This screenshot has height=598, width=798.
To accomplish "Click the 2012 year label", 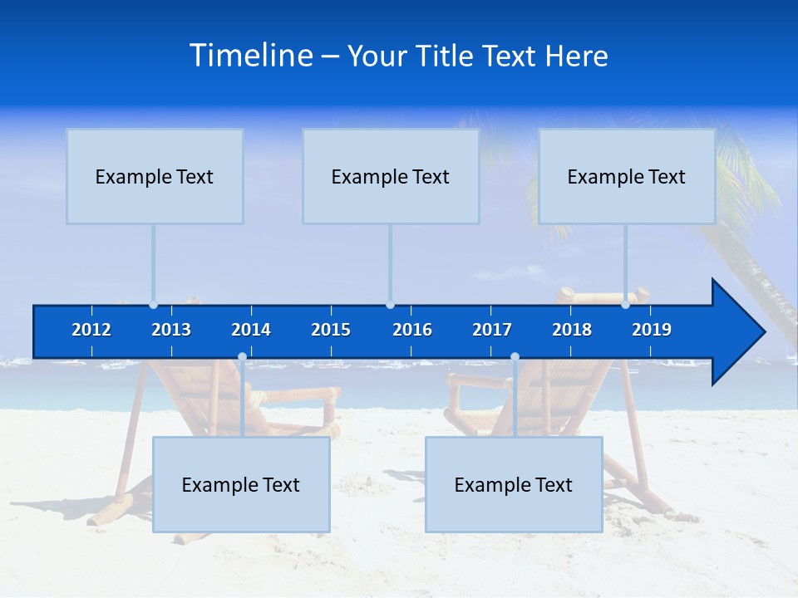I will (91, 330).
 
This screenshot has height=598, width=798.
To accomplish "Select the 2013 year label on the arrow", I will (171, 330).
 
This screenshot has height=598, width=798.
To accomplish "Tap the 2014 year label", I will (251, 330).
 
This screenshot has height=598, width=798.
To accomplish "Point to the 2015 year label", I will (331, 330).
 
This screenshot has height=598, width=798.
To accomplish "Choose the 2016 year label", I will (412, 330).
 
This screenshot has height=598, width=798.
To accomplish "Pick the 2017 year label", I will (492, 330).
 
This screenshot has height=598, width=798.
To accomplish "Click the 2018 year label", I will (572, 330).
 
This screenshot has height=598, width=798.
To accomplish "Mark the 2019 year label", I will (652, 330).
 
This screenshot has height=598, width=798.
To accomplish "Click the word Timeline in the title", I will (250, 56).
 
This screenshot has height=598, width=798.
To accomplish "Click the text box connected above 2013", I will (155, 176).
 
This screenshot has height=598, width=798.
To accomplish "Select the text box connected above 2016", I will (391, 176).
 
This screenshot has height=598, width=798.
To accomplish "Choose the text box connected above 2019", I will (627, 176).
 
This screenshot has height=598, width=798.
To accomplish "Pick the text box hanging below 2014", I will (241, 484).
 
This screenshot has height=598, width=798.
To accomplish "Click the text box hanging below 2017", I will (514, 484).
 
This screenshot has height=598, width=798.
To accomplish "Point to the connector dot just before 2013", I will (153, 305).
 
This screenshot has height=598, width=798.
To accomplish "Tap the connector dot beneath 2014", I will (242, 357).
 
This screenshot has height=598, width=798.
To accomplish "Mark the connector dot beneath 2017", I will (515, 357).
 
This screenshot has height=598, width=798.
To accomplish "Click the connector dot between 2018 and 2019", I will (625, 305).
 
